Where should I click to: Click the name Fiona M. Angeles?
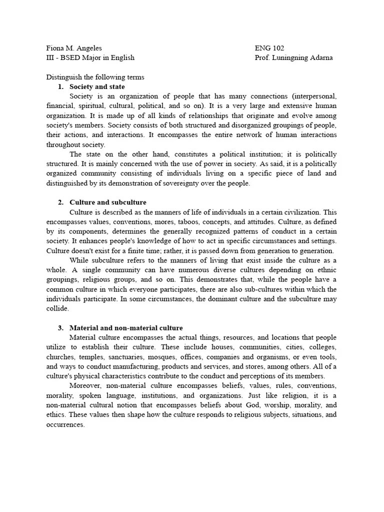point(74,48)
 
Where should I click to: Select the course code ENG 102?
point(269,48)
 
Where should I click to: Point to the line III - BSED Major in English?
point(90,57)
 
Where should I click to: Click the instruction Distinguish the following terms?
point(95,77)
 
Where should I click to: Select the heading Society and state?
point(97,86)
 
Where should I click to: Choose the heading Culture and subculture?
point(108,202)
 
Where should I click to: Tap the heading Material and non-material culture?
point(126,328)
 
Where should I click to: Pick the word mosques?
point(193,357)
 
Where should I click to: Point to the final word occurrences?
point(65,424)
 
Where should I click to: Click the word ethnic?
point(327,270)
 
